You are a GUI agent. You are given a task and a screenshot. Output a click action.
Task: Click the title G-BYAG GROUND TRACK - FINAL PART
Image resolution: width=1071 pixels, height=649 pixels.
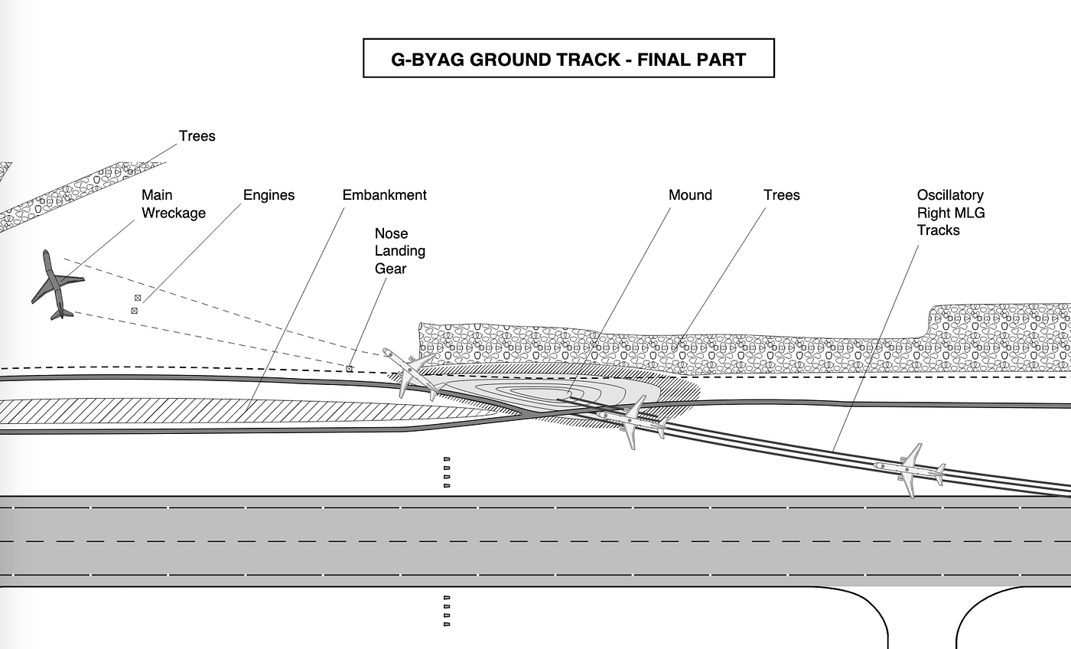[x=568, y=59]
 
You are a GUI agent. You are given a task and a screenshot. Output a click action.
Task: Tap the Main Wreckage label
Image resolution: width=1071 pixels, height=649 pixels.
[x=174, y=204]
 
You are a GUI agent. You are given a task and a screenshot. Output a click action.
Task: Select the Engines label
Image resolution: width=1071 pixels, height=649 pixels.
[x=269, y=195]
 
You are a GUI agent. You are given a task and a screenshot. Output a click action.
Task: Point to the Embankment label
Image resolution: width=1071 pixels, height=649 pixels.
[x=384, y=195]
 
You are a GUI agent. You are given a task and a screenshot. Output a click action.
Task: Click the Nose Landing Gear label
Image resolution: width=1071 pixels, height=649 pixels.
[x=399, y=251]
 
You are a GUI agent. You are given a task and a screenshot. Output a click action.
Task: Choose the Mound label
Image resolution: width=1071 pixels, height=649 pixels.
[x=690, y=195]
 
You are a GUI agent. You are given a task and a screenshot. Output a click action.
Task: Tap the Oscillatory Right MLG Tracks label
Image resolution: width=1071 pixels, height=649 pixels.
[x=950, y=213]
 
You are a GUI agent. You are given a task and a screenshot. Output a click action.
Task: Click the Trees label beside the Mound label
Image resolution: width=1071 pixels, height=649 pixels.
[x=781, y=195]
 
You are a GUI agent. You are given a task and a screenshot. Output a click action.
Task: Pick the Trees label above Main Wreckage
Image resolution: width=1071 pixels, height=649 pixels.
[x=197, y=136]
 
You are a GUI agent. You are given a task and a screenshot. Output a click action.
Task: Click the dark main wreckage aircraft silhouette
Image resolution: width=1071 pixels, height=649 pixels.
[x=56, y=285]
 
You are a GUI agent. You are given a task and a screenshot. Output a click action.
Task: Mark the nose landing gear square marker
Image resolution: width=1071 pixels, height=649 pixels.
[x=350, y=369]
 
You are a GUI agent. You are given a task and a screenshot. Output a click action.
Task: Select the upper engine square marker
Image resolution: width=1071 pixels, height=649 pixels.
[x=138, y=298]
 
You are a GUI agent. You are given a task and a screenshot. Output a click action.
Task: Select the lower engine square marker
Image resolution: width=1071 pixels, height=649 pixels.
[x=135, y=311]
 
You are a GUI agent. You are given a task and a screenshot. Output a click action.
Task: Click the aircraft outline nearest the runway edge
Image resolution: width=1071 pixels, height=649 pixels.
[x=909, y=470]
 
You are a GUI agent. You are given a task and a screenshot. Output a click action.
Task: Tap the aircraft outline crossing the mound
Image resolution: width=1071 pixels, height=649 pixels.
[x=632, y=421]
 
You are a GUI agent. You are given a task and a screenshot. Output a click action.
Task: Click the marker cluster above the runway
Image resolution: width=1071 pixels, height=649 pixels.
[x=447, y=472]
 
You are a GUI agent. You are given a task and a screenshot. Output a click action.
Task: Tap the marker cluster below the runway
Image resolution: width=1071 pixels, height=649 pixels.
[x=447, y=611]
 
